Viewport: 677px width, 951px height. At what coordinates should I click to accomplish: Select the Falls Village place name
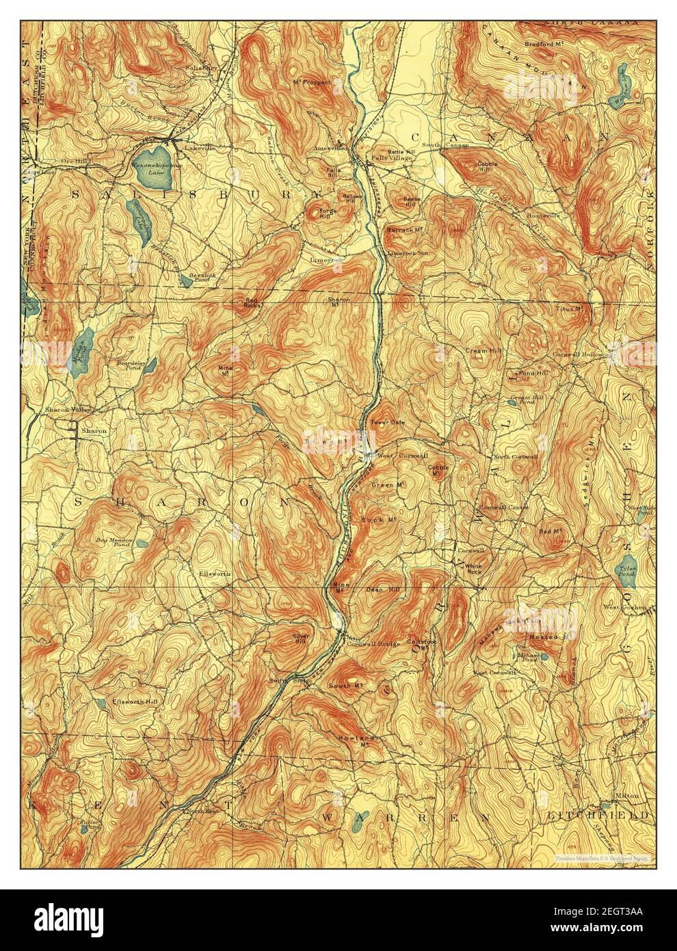pyautogui.click(x=392, y=158)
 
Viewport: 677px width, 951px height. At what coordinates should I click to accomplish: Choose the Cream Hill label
pyautogui.click(x=480, y=350)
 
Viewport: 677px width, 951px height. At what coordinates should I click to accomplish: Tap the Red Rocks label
pyautogui.click(x=252, y=302)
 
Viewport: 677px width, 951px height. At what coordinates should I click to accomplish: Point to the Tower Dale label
pyautogui.click(x=387, y=422)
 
